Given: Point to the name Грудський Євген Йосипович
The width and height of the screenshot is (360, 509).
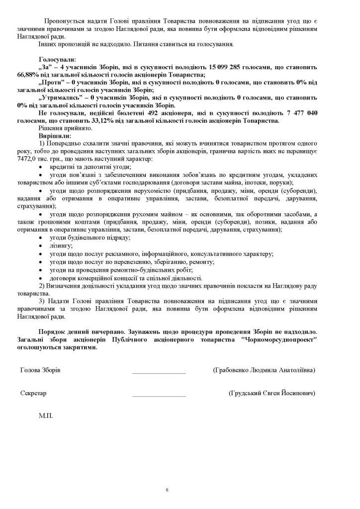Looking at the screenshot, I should click(x=272, y=393).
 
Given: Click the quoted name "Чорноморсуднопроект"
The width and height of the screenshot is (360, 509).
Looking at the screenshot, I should click(x=279, y=339).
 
